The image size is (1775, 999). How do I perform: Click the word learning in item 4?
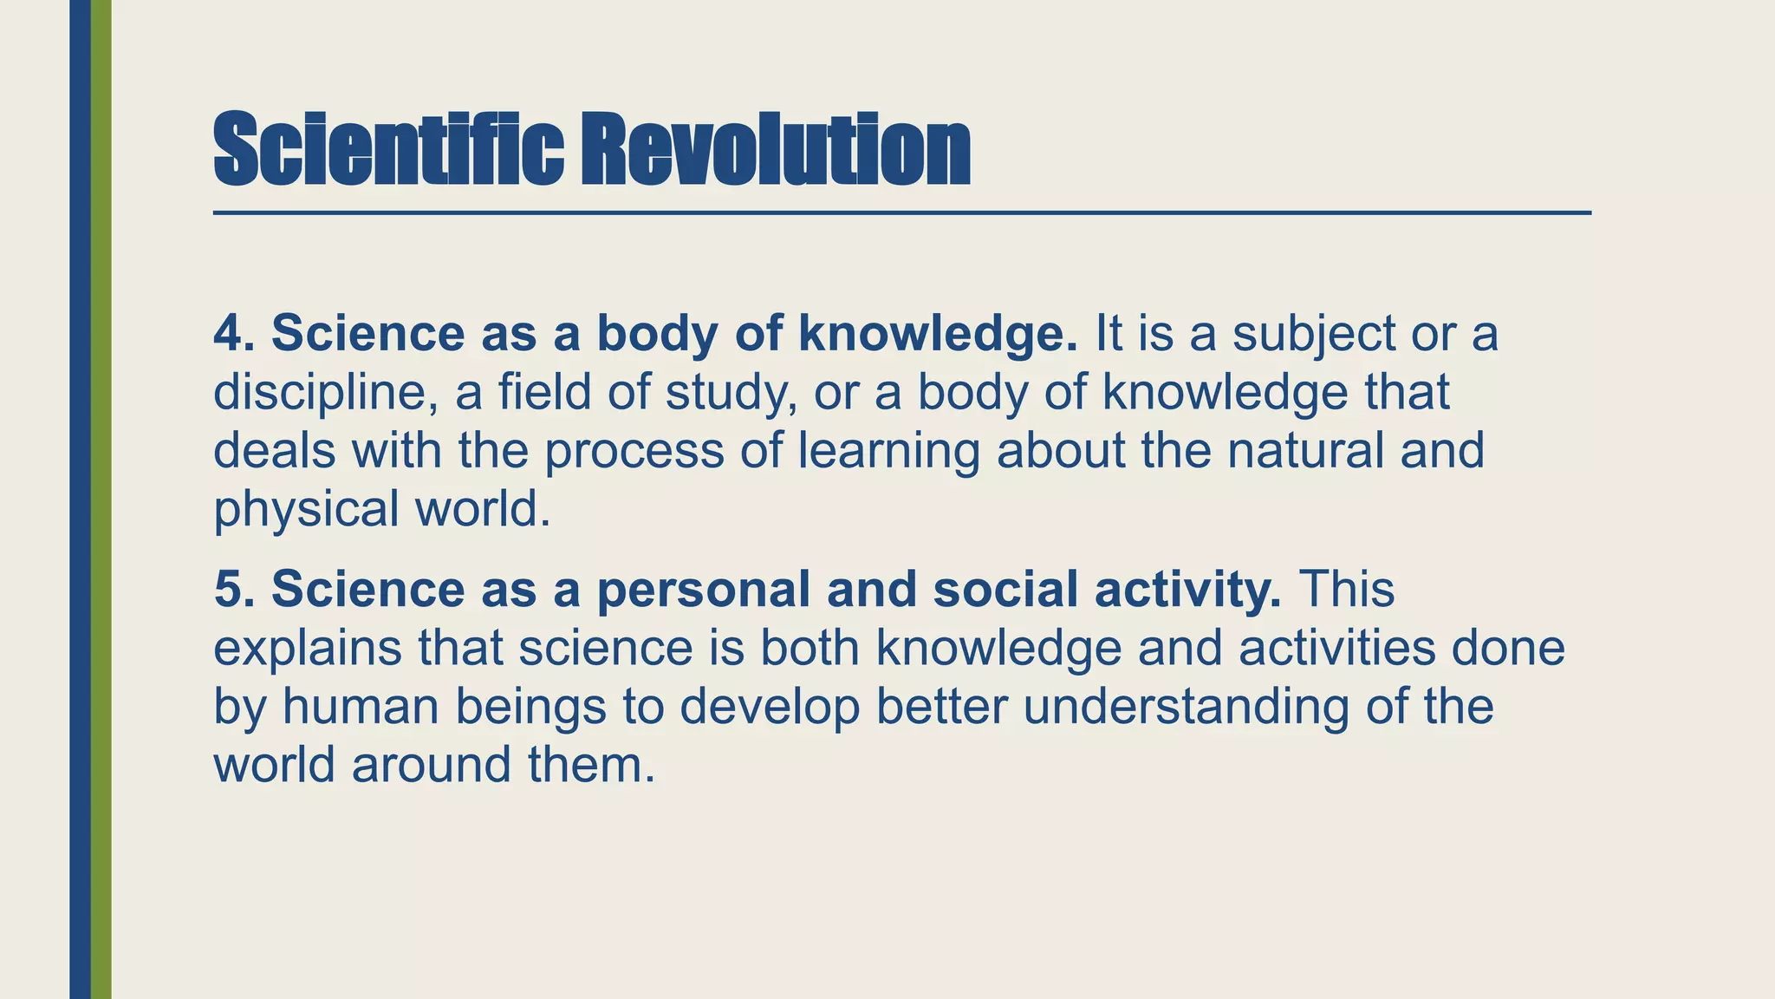(x=888, y=452)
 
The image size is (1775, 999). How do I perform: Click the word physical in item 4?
(x=305, y=510)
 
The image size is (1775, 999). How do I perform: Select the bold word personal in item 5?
(x=702, y=591)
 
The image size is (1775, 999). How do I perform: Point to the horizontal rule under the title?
(x=901, y=212)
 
